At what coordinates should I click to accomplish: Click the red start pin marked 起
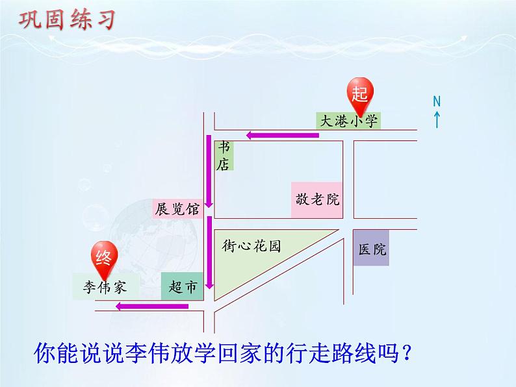(359, 93)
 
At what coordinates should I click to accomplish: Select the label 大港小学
(348, 120)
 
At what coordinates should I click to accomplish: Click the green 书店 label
(224, 156)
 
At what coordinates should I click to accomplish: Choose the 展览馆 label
(177, 209)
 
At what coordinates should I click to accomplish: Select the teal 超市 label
(181, 286)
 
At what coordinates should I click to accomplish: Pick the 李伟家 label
(105, 286)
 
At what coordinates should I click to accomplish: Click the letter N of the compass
(437, 101)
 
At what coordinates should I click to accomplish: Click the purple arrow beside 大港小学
(282, 135)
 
